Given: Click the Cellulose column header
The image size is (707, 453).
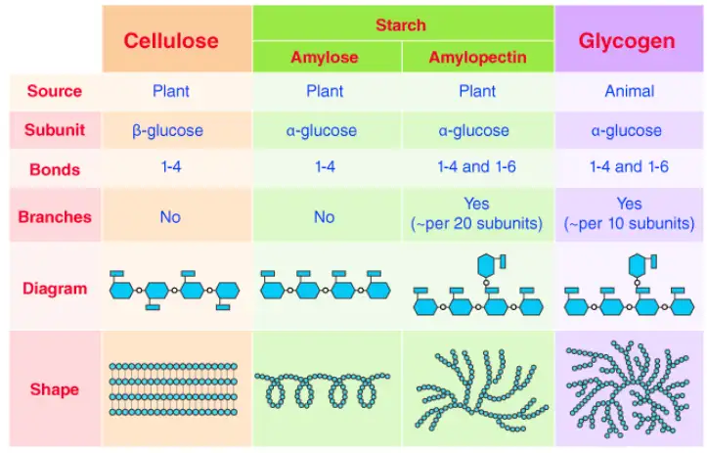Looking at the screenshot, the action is pyautogui.click(x=171, y=41).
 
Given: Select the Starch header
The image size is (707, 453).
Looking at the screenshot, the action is pyautogui.click(x=401, y=24).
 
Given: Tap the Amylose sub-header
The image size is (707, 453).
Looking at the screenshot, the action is pyautogui.click(x=325, y=58).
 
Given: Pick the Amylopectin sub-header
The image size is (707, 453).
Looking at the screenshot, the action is pyautogui.click(x=477, y=58).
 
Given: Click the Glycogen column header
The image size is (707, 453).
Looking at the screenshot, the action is pyautogui.click(x=627, y=41).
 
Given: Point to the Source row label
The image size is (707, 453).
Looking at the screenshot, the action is pyautogui.click(x=55, y=91).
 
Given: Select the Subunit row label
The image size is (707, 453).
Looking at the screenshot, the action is pyautogui.click(x=55, y=130).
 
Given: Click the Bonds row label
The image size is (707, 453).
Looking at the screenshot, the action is pyautogui.click(x=55, y=169).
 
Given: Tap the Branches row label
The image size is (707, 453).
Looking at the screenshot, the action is pyautogui.click(x=55, y=217).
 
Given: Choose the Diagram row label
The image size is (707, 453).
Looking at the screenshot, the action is pyautogui.click(x=55, y=289).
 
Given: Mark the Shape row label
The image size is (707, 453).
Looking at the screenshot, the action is pyautogui.click(x=55, y=389).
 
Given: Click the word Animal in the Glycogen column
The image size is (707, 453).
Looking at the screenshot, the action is pyautogui.click(x=630, y=91).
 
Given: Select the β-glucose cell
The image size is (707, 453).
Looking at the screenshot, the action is pyautogui.click(x=167, y=131).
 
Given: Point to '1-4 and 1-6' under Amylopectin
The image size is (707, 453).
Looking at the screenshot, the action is pyautogui.click(x=476, y=167).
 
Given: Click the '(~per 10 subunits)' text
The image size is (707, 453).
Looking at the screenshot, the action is pyautogui.click(x=629, y=223).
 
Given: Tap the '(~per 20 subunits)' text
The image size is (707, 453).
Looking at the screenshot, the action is pyautogui.click(x=476, y=223).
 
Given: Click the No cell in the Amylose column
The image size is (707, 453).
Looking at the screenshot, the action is pyautogui.click(x=325, y=217).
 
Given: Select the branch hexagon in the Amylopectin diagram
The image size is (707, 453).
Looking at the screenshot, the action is pyautogui.click(x=486, y=265).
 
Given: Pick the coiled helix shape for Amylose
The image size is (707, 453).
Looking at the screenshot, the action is pyautogui.click(x=323, y=389).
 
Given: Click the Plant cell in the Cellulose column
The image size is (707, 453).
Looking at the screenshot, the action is pyautogui.click(x=171, y=91).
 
